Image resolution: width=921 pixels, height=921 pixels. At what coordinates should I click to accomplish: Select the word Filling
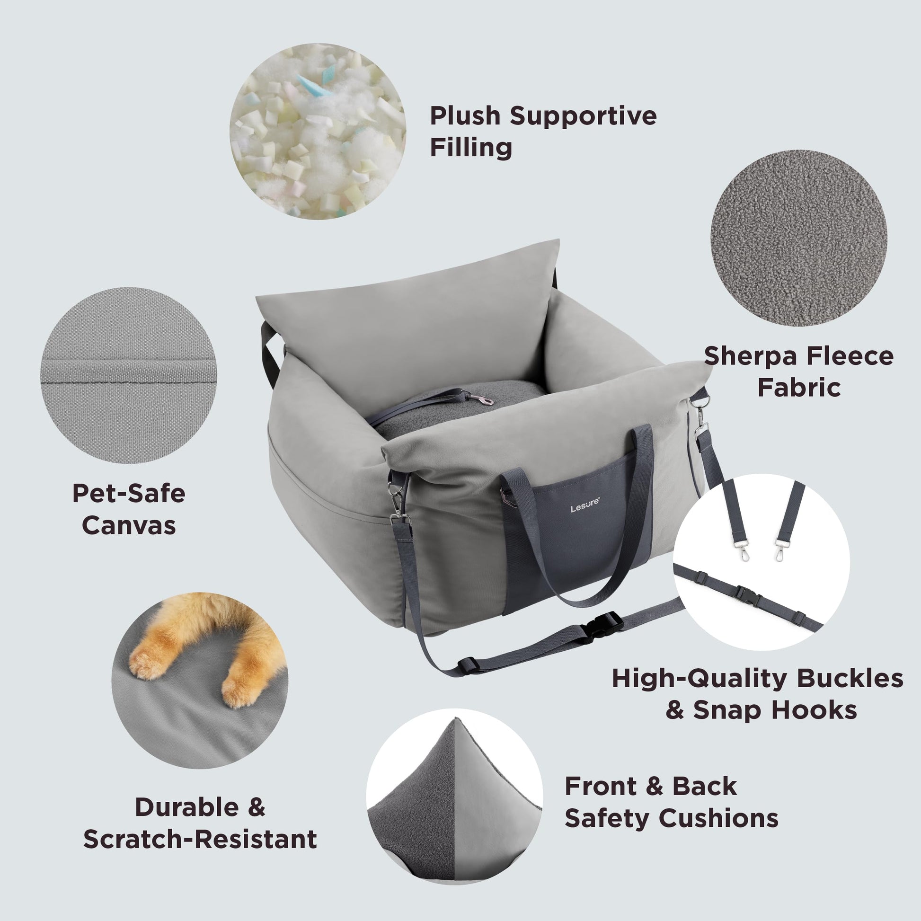coord(471,147)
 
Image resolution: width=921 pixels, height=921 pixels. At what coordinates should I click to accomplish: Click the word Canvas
coord(129,525)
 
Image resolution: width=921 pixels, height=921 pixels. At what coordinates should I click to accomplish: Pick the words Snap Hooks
coord(775,710)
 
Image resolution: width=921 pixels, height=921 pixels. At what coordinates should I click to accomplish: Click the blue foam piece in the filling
coord(315,85)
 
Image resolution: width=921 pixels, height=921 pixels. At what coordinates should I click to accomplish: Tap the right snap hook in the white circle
coord(779,550)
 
